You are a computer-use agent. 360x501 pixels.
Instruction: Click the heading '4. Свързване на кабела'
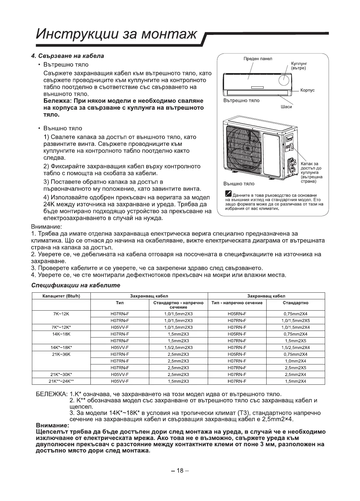click(67, 56)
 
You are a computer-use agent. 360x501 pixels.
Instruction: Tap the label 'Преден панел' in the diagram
click(258, 59)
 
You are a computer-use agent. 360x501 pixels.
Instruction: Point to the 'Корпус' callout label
click(307, 90)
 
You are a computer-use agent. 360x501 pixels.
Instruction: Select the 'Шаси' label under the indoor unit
click(286, 107)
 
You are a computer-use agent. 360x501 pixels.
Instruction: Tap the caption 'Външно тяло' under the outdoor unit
click(239, 184)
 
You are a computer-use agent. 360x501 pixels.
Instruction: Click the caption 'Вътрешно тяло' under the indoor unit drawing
click(241, 100)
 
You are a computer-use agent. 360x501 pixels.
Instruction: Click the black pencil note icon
click(228, 194)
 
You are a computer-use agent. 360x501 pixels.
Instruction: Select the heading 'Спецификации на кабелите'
click(75, 285)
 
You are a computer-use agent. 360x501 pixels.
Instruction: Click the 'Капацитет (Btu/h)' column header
click(61, 296)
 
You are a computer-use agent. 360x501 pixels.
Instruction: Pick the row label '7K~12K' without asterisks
click(61, 314)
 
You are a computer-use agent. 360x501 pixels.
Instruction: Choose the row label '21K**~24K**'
click(61, 381)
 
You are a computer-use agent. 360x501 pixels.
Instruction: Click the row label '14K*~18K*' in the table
click(61, 348)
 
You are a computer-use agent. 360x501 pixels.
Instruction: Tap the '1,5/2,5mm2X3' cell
click(178, 348)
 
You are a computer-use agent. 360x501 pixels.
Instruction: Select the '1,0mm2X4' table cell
click(295, 361)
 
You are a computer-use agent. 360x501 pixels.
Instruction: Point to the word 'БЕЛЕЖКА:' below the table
click(51, 395)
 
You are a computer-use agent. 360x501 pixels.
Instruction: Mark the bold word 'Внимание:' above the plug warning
click(52, 426)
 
